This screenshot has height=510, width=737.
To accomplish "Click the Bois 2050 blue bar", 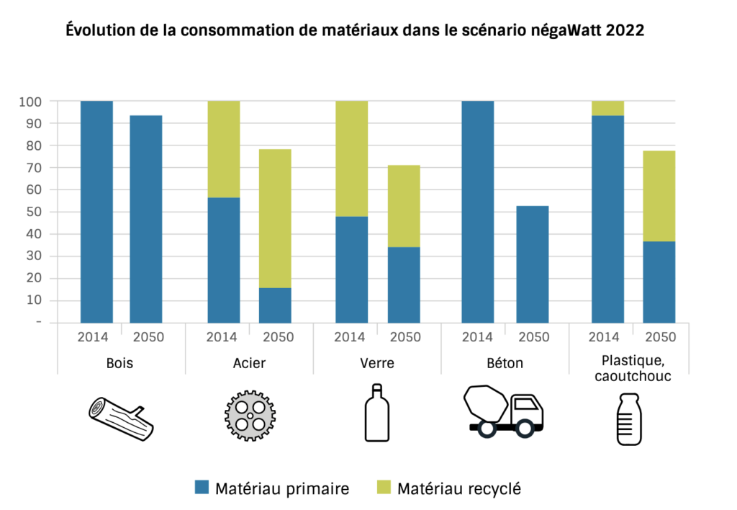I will [145, 219].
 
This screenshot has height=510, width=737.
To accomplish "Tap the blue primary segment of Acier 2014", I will [224, 260].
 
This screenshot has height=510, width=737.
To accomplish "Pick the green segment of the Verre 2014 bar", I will [352, 158].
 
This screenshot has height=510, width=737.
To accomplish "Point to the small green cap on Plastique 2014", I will [607, 108].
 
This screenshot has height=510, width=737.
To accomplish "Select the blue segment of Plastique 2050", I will [659, 282].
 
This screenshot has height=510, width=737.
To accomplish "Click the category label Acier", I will [250, 363].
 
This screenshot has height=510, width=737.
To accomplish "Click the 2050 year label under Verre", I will [404, 337].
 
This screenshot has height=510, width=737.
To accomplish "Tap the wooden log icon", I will [121, 419].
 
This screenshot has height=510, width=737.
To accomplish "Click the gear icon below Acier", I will [249, 416].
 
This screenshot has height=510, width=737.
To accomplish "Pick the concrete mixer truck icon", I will [503, 411].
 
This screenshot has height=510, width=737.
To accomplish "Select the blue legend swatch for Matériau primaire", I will [202, 488].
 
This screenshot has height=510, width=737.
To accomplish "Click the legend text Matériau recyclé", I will [458, 488].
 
